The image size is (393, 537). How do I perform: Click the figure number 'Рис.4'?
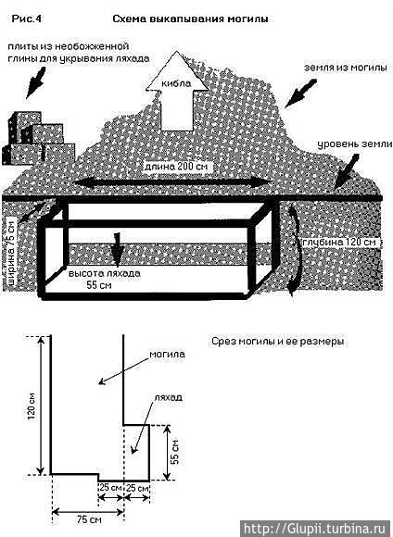26,19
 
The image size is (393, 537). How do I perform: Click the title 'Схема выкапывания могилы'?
190,19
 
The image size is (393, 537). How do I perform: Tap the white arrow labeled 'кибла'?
177,91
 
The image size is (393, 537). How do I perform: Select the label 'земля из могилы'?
346,68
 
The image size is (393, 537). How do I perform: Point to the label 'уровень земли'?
355,144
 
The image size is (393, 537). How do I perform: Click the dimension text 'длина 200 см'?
178,167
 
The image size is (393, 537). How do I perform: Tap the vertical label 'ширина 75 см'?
12,252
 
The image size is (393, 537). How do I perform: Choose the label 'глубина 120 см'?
337,242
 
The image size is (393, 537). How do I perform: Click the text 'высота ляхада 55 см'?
104,279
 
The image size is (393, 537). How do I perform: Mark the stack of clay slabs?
38,138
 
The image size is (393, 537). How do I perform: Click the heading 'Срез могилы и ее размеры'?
277,342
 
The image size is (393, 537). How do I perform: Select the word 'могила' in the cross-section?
167,354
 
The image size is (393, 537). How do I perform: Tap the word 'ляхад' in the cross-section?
168,397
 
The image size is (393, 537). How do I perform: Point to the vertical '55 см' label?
175,453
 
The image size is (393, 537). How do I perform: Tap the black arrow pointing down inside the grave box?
118,249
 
